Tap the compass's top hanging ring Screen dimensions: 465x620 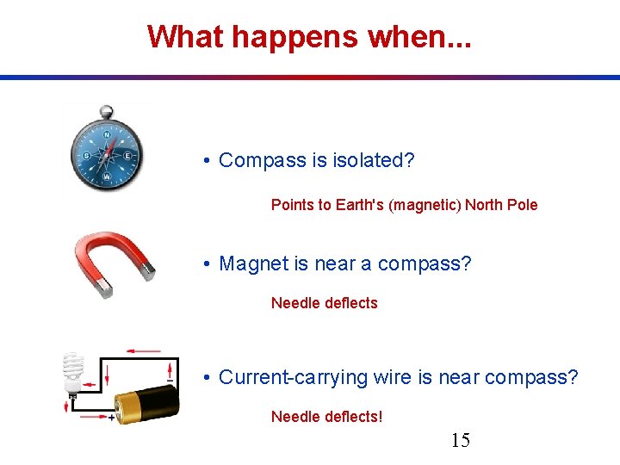106,111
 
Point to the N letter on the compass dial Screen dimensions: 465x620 107,135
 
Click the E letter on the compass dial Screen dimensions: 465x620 127,156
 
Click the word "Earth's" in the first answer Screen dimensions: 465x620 355,205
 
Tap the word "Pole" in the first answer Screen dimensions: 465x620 520,205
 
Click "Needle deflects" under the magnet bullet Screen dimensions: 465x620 324,303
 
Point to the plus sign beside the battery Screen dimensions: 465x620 112,418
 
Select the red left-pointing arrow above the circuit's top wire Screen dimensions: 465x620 143,351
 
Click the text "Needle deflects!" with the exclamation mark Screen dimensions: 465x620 326,417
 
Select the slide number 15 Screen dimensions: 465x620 461,441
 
